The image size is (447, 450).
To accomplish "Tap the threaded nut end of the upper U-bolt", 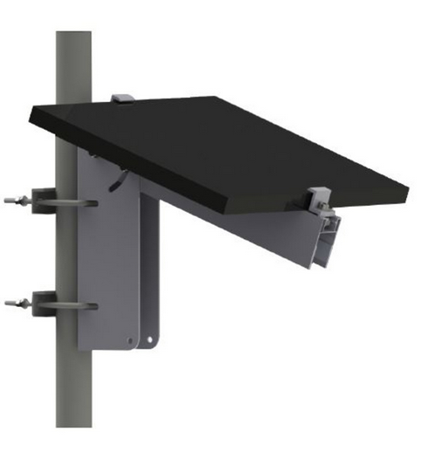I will click(x=11, y=203).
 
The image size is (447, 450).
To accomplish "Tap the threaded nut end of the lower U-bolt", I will click(x=11, y=304).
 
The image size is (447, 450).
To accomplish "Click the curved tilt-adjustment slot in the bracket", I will click(x=116, y=182).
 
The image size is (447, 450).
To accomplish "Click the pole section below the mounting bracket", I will click(x=74, y=392).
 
